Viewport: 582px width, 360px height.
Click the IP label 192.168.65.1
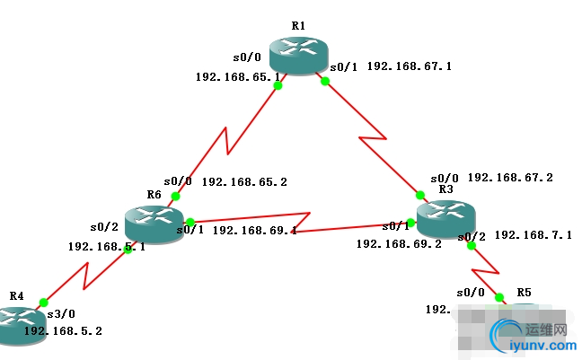click(x=236, y=76)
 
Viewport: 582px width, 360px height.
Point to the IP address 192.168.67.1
click(x=409, y=66)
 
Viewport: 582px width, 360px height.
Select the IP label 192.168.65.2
click(x=244, y=181)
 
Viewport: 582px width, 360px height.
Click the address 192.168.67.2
click(x=510, y=178)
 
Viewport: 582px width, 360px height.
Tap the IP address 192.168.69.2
click(x=399, y=243)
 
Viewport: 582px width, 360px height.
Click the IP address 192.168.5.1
click(x=106, y=247)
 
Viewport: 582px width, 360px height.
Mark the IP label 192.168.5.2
click(x=63, y=330)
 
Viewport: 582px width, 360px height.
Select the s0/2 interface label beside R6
click(x=103, y=226)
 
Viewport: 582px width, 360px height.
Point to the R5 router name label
click(x=525, y=293)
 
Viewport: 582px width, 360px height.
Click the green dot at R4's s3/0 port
click(x=43, y=303)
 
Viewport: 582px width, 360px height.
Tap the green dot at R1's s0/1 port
click(x=325, y=81)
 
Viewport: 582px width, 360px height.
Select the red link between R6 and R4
click(x=86, y=276)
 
